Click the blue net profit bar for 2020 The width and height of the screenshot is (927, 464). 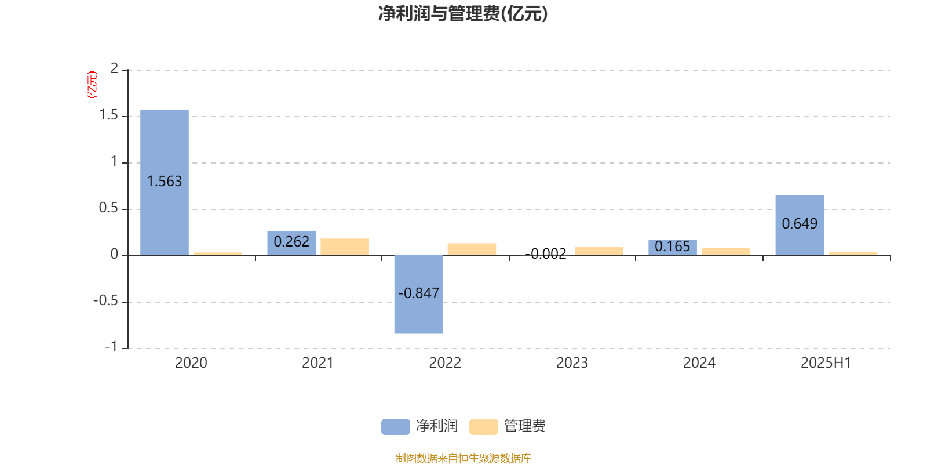coord(165,183)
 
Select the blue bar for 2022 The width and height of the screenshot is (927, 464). coord(418,295)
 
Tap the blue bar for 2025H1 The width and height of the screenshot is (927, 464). coord(800,226)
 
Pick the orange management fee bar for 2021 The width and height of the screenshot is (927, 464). coord(345,247)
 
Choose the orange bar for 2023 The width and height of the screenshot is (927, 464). coord(599,251)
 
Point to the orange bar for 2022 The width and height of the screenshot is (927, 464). coord(472,249)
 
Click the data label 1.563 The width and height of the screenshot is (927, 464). coord(165,182)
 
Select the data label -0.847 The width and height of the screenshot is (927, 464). coord(418,293)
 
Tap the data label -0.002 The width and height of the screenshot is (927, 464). coord(545,253)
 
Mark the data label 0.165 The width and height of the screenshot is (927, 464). coord(673,246)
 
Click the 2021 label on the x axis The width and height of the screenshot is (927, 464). coord(318,363)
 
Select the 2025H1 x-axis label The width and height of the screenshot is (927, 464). coord(826,363)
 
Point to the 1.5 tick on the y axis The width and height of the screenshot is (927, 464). coord(109,115)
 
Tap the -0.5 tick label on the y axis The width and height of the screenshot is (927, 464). coord(106,301)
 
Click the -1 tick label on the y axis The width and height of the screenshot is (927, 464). coord(111,347)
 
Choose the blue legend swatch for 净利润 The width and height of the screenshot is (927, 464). coord(396,427)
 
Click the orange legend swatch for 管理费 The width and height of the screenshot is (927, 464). coord(483,427)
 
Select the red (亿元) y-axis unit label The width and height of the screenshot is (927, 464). coord(92,85)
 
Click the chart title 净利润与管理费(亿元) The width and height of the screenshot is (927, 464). coord(463,13)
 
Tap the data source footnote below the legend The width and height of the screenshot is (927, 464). coord(463,458)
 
